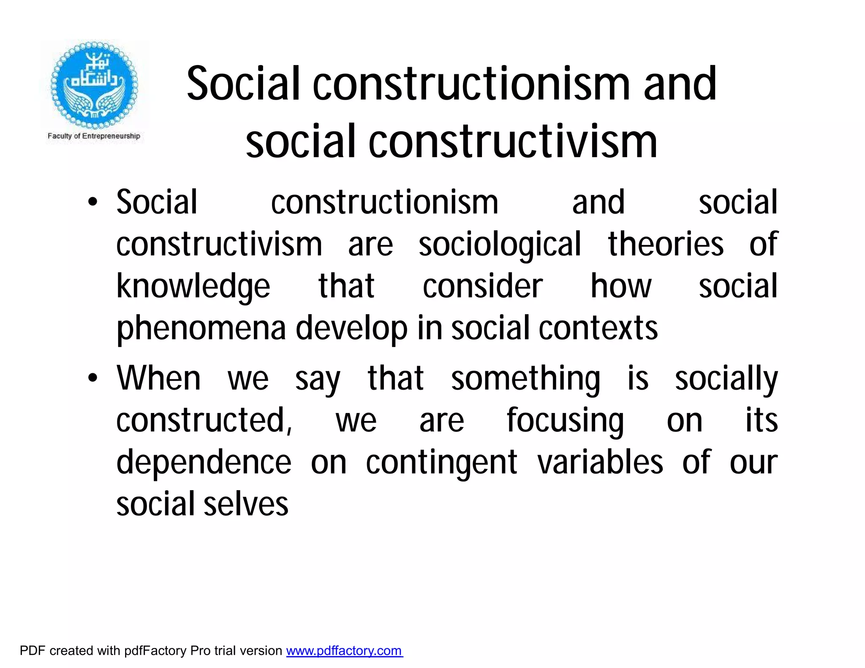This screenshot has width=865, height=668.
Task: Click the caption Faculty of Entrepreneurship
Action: click(94, 136)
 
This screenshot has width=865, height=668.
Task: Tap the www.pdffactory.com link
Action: click(344, 651)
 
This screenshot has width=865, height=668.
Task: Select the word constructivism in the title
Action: click(513, 141)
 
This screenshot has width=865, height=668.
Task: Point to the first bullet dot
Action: click(92, 202)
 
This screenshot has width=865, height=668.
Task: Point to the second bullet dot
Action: click(92, 377)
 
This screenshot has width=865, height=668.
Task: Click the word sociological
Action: click(500, 245)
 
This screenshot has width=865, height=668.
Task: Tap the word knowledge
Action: click(193, 287)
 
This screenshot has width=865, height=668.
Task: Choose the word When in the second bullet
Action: click(159, 377)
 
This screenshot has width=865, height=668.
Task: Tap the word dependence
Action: click(204, 462)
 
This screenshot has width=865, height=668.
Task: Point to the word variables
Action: click(600, 462)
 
